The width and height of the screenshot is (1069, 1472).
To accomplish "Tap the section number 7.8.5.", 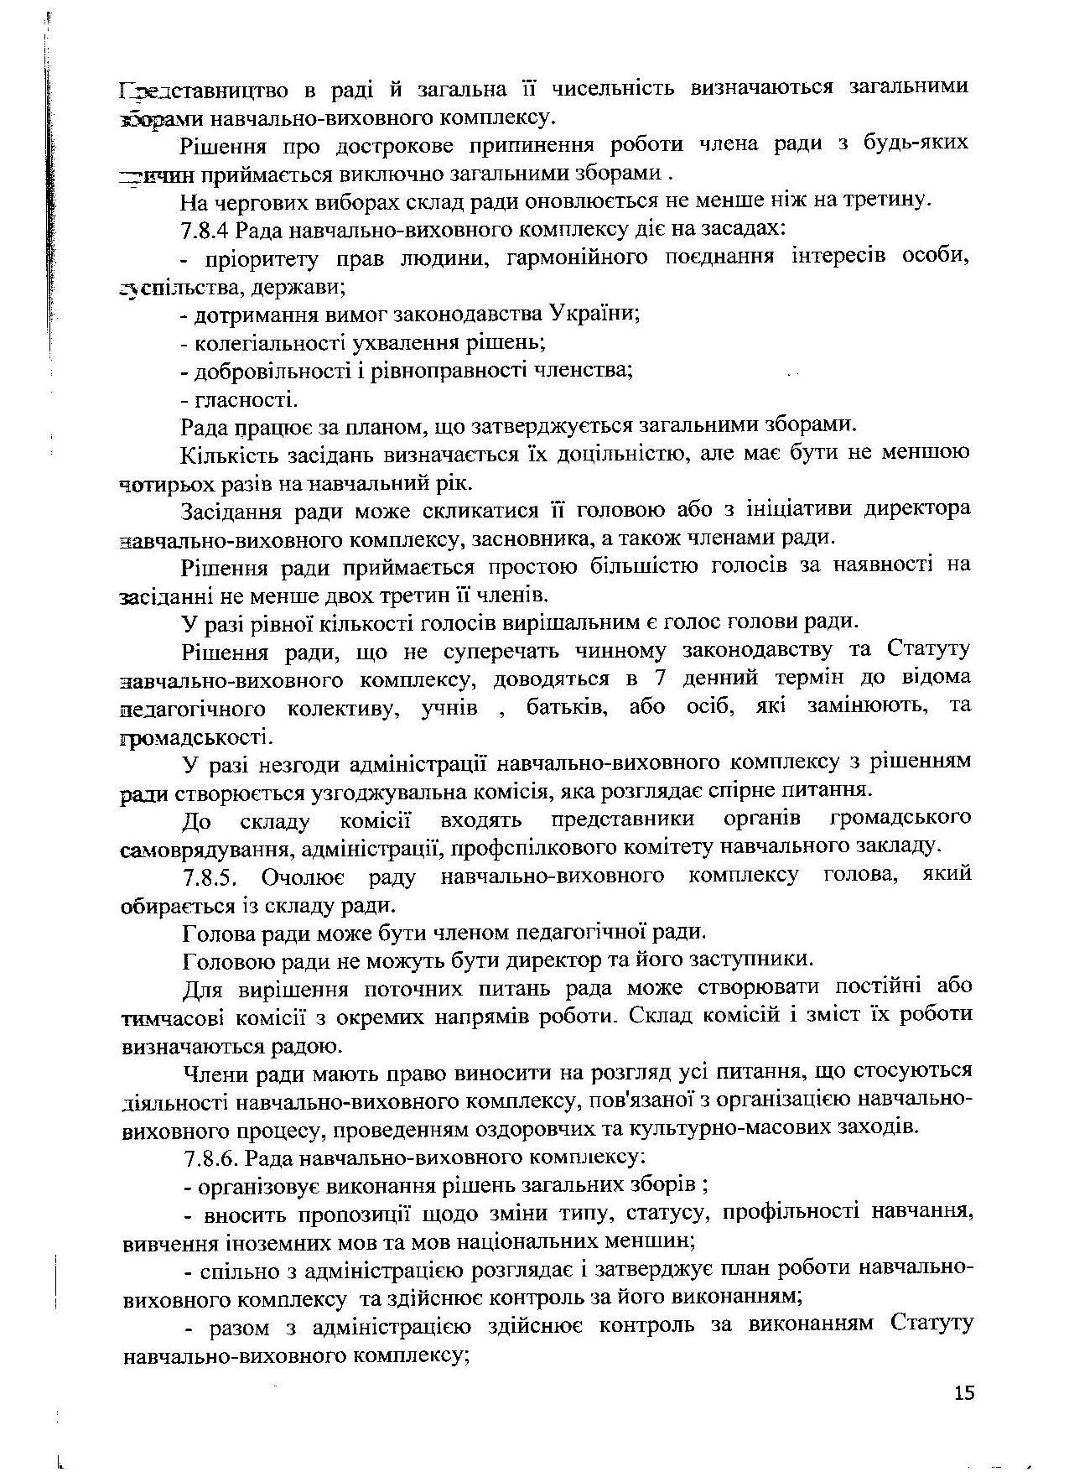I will pyautogui.click(x=212, y=876).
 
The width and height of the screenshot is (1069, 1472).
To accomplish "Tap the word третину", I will pyautogui.click(x=886, y=200).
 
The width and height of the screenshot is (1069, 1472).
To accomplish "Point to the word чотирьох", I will pyautogui.click(x=163, y=484).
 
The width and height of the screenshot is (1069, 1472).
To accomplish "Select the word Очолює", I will pyautogui.click(x=306, y=876).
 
